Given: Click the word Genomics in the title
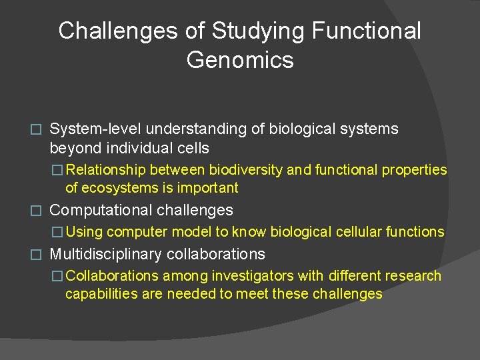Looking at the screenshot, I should pos(240,60).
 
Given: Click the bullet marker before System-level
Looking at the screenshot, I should pos(38,129).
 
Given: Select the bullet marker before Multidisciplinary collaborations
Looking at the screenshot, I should pos(38,255).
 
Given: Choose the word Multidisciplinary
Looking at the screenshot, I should pos(106,254).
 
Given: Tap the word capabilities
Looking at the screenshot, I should pos(99,294).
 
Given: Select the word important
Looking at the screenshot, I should pos(207,188).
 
